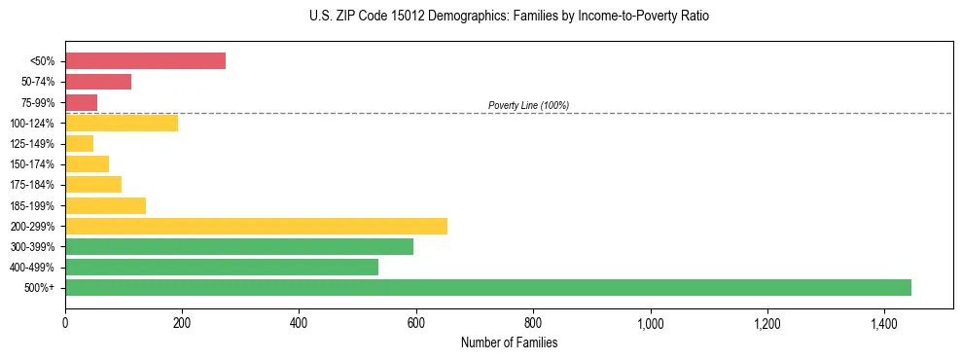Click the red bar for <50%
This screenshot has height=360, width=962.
145,61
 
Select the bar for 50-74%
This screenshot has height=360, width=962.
98,82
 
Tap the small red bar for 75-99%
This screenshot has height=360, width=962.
81,102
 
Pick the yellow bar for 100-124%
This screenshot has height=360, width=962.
122,123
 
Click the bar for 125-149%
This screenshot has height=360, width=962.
79,144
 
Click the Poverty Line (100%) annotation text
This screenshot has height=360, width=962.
528,105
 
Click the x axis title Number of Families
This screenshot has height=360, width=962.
509,342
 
